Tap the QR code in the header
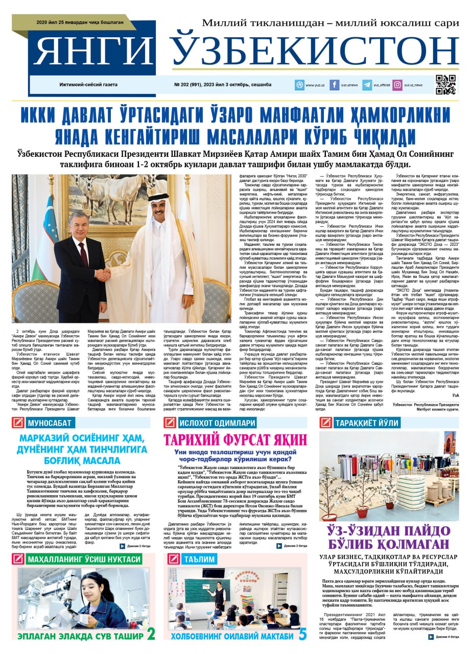pos(445,85)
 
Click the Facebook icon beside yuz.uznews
pos(335,85)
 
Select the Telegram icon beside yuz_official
pos(367,85)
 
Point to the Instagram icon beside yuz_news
pos(397,85)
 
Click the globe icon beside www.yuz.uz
pos(299,85)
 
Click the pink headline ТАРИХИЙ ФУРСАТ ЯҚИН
pos(235,440)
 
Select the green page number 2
pos(151,634)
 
